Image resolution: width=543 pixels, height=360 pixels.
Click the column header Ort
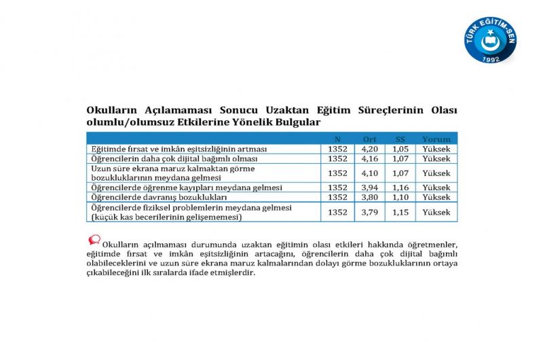pyautogui.click(x=370, y=139)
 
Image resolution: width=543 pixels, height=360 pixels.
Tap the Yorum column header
pyautogui.click(x=436, y=139)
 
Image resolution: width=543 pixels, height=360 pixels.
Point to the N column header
pyautogui.click(x=338, y=139)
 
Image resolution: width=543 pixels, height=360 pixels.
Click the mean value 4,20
pyautogui.click(x=370, y=149)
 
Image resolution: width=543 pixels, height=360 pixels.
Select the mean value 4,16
pyautogui.click(x=370, y=158)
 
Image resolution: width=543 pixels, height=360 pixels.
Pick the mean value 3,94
pyautogui.click(x=370, y=187)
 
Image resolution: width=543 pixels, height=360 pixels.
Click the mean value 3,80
pyautogui.click(x=370, y=197)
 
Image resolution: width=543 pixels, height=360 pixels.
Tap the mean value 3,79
pyautogui.click(x=370, y=212)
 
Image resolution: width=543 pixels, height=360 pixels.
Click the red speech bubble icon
pyautogui.click(x=94, y=240)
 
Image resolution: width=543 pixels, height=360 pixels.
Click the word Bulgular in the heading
pyautogui.click(x=297, y=122)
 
